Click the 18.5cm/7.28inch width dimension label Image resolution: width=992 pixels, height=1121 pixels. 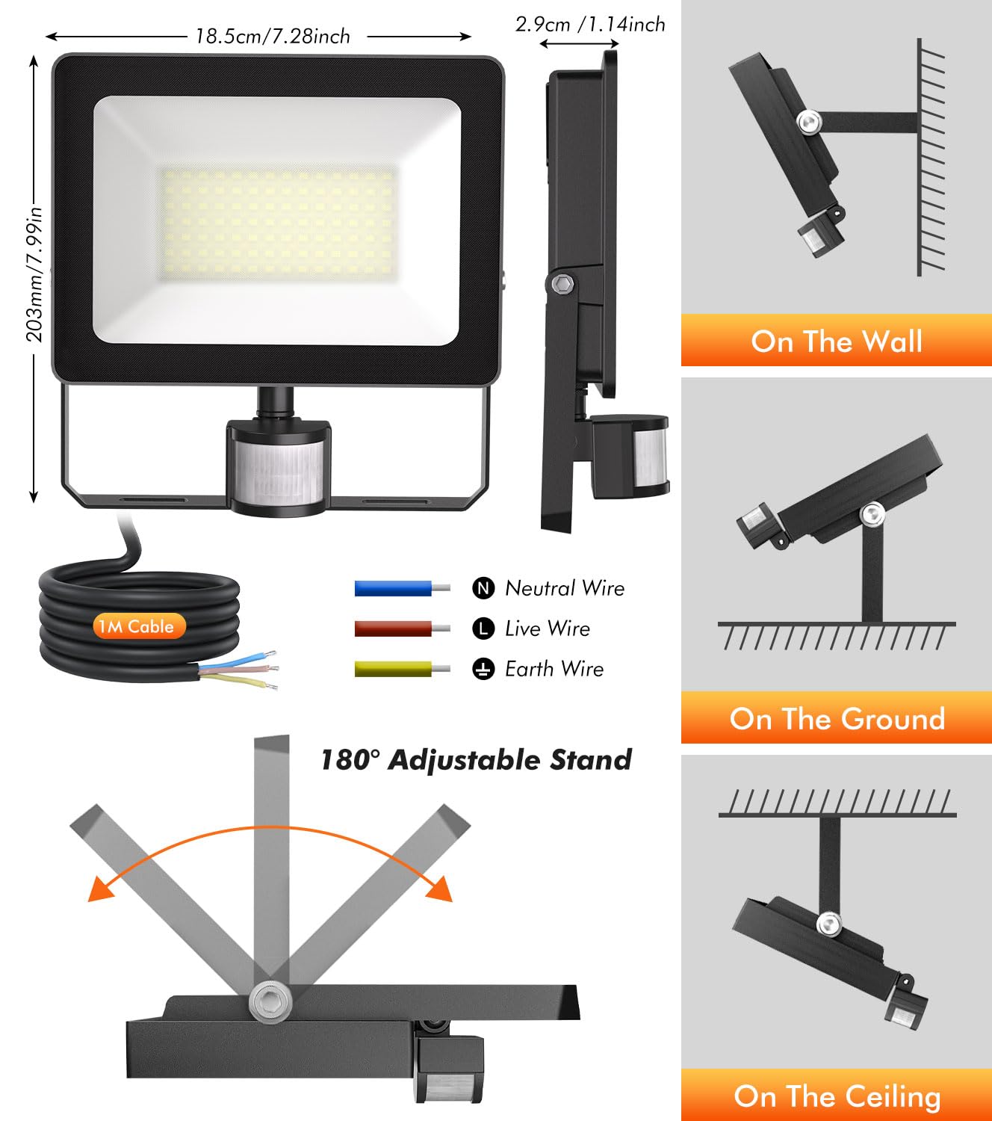tap(273, 37)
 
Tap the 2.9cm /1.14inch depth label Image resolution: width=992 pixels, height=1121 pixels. tap(590, 25)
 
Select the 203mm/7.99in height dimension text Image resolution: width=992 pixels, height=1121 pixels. tap(35, 274)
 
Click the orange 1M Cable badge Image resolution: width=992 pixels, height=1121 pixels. tap(137, 626)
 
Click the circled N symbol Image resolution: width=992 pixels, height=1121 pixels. tap(483, 588)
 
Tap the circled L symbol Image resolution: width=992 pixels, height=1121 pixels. tap(483, 629)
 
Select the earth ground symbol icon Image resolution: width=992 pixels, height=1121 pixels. tap(483, 669)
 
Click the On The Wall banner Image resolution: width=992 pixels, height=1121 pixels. tap(836, 340)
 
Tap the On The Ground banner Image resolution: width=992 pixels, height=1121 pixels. tap(836, 717)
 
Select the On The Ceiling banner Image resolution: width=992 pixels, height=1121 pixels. tap(836, 1095)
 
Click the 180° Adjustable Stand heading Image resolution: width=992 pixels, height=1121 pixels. tap(476, 760)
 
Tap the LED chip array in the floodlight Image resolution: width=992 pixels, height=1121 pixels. tap(279, 223)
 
